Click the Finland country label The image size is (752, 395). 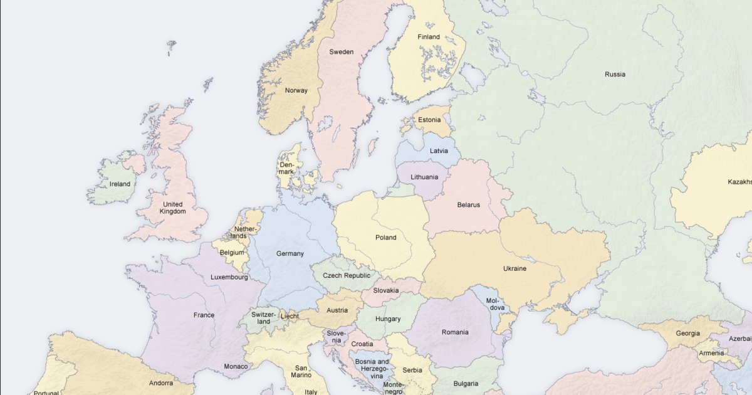[429, 37]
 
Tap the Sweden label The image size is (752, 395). [342, 52]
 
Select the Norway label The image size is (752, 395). [296, 90]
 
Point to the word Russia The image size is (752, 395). [615, 75]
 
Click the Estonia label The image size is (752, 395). [429, 120]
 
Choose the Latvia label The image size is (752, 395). [439, 151]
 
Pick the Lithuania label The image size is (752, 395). [424, 177]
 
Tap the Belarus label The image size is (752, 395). [468, 205]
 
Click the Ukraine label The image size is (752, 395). [514, 269]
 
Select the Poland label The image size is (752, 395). [386, 238]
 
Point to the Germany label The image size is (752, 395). [290, 254]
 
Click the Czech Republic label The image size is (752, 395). [347, 275]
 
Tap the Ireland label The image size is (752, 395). [120, 184]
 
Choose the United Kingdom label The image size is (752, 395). [172, 208]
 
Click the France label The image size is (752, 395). [204, 315]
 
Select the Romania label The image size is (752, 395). [454, 332]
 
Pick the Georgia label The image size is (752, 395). [687, 334]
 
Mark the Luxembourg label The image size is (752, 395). [229, 277]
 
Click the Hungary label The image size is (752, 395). [388, 319]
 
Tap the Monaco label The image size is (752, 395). [236, 366]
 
